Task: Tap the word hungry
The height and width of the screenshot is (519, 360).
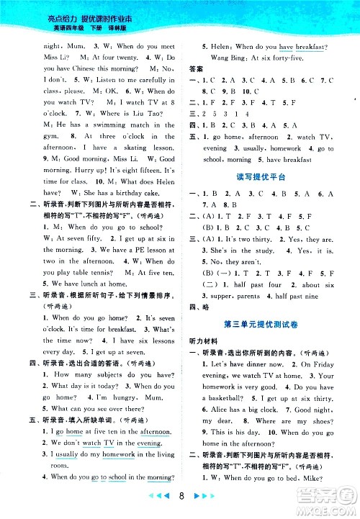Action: click(x=117, y=397)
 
